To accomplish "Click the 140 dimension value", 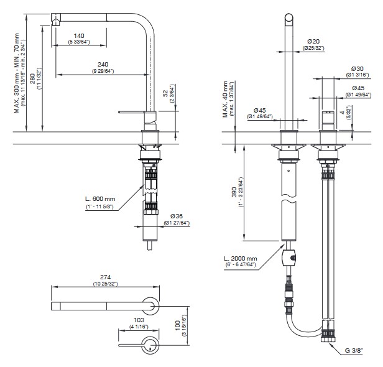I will [80, 36].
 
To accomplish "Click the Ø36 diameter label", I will [177, 216].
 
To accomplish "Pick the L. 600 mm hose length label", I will [100, 199].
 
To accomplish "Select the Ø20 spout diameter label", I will [311, 41].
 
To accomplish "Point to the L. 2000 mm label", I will [240, 258].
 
